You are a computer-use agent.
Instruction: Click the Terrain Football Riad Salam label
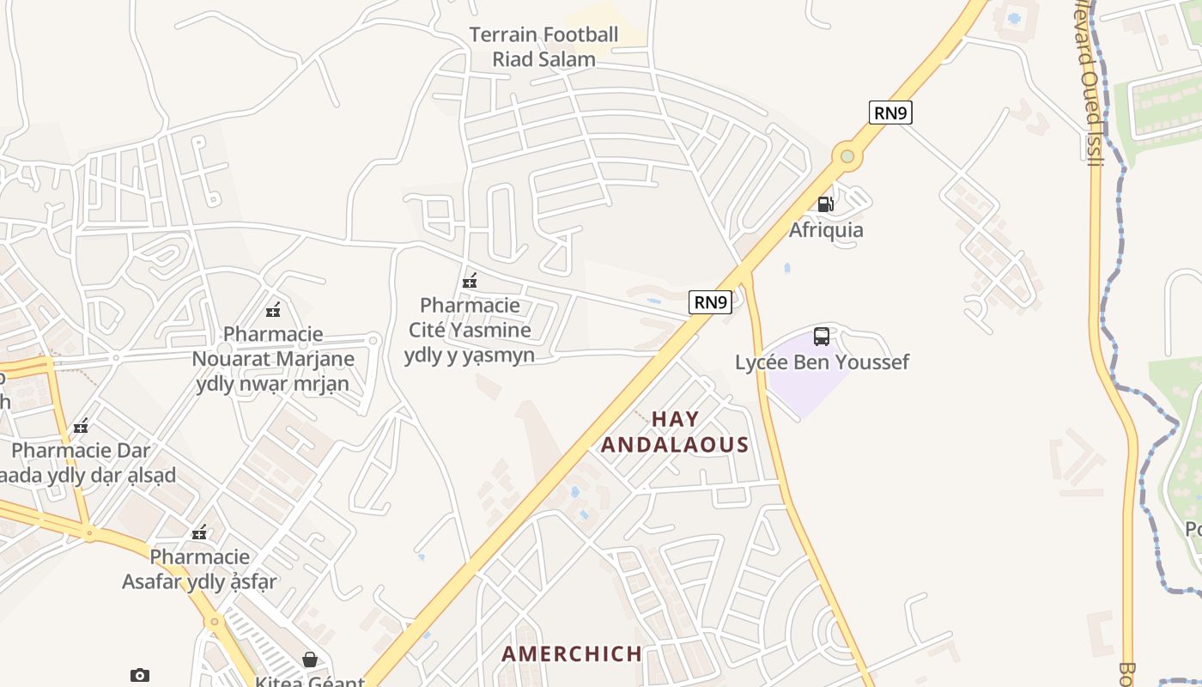543,47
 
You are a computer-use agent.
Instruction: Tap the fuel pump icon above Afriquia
825,204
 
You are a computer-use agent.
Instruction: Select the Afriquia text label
826,230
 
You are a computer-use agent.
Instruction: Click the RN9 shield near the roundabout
889,112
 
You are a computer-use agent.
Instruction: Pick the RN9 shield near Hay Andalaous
710,302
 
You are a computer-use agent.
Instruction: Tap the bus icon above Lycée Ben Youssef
822,336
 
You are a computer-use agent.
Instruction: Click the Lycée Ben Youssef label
822,362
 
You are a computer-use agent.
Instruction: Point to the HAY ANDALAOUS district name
675,432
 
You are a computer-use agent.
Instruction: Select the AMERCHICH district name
572,654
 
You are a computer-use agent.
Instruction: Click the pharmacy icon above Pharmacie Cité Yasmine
470,280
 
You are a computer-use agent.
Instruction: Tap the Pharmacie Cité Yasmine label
470,330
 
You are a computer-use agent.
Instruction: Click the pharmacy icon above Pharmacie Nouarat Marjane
274,309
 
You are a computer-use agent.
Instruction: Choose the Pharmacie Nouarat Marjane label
273,358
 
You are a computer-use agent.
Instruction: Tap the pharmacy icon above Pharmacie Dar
81,425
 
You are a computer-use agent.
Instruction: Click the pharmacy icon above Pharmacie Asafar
200,532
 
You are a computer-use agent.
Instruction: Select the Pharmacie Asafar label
200,569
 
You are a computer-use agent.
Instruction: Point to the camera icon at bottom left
140,675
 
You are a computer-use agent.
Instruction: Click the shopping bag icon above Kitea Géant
310,660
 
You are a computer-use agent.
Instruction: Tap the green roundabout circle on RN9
847,156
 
